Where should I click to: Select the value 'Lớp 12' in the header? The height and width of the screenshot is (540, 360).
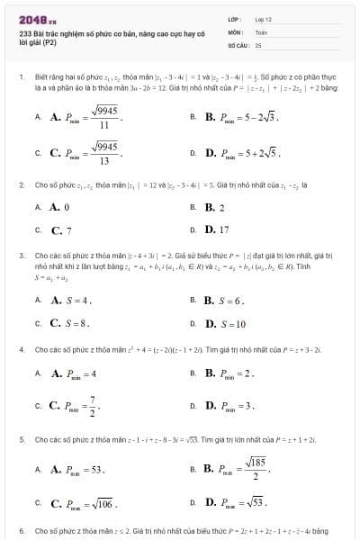[x=263, y=18]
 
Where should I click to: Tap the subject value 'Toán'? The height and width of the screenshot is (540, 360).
[x=261, y=31]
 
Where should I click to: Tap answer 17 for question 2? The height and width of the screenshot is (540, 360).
[x=217, y=229]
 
